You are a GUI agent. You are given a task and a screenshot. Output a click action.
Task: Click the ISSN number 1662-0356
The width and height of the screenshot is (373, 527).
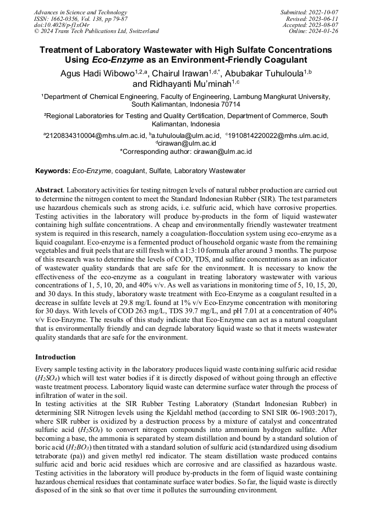(x=67, y=18)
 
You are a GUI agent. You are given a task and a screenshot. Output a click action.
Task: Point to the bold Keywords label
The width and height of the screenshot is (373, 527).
(x=53, y=171)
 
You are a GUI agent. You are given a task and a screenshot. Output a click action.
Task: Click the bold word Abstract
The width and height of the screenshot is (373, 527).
(x=48, y=190)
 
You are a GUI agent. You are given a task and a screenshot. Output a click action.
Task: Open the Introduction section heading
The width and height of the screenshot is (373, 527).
(x=56, y=357)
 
